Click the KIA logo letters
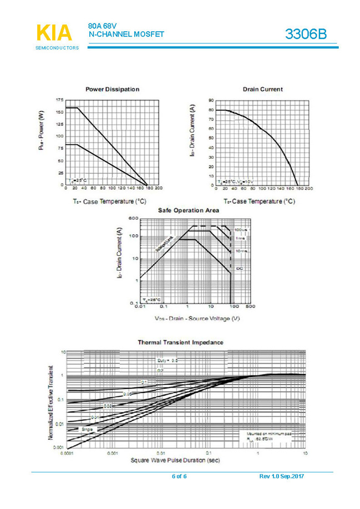54,33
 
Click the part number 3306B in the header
306,34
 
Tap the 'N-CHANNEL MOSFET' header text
126,34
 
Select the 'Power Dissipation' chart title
112,89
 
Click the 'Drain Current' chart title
262,89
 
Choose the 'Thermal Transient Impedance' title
180,342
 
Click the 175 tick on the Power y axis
59,100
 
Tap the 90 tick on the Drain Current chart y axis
211,100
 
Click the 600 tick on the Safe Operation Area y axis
133,218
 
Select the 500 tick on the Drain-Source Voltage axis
250,306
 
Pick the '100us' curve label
240,229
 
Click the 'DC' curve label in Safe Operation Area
240,269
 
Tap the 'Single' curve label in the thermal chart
87,429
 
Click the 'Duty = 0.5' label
167,361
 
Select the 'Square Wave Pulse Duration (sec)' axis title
175,460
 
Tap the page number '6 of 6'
179,477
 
